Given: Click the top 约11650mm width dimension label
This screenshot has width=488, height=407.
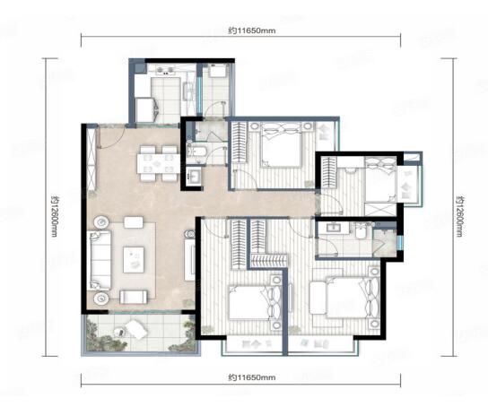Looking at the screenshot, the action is (x=252, y=30).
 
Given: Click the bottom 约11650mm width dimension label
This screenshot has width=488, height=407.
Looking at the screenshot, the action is (x=252, y=377).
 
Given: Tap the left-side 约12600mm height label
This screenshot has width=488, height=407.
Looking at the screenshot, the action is (x=55, y=216).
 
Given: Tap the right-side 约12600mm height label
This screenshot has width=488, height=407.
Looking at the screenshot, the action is (x=459, y=216).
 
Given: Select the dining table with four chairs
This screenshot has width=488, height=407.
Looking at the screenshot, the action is (x=158, y=163).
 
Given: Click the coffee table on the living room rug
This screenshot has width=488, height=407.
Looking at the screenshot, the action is (x=134, y=260).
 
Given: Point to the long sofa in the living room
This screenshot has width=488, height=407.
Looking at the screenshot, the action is (x=100, y=260).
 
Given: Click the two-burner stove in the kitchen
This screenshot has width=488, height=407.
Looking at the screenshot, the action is (x=165, y=70).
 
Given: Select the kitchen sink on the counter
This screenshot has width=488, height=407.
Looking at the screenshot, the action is (x=188, y=91).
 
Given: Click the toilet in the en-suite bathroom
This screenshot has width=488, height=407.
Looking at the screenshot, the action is (x=361, y=231).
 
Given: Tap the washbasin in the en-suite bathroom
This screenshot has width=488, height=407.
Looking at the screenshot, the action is (x=334, y=227).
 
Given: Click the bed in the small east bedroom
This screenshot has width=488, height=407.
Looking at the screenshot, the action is (x=380, y=179).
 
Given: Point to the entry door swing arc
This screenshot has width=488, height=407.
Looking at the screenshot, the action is (x=115, y=140).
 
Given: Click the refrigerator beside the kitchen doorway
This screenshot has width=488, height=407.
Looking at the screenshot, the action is (x=145, y=109).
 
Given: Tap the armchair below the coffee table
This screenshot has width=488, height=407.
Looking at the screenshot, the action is (x=134, y=297).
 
